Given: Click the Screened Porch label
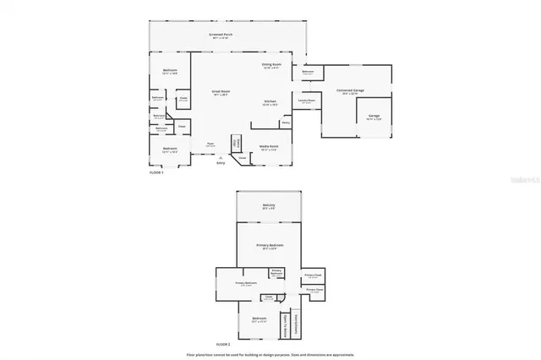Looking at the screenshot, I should point(221,35).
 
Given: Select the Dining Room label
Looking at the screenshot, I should point(270,64).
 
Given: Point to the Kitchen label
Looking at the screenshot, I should point(270,102).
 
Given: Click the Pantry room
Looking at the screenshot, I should point(286,123).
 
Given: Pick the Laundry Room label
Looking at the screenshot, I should point(306,101).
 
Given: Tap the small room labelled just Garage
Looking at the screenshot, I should point(374,117).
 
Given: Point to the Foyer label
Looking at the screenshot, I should point(210,145).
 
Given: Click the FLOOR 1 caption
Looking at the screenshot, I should point(157,171).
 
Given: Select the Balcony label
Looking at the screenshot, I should point(269,205).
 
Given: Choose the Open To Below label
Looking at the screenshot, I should point(287,323).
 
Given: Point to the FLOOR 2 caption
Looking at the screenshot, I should point(223,345).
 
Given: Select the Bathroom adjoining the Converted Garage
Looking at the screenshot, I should point(309,72).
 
